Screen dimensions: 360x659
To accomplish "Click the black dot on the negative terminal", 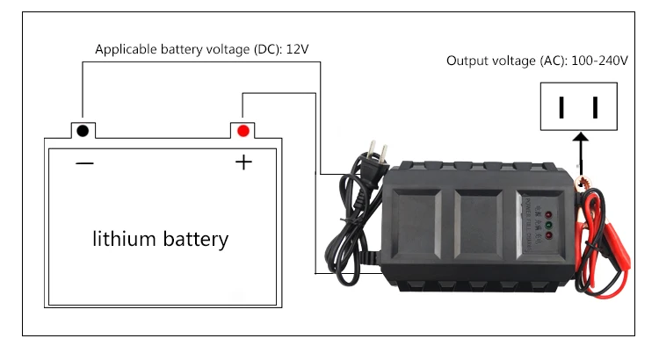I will tap(83, 131).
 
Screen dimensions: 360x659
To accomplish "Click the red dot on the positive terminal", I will tap(243, 131).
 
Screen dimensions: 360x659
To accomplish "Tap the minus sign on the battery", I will tap(84, 163).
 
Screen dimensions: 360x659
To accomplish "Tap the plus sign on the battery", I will tap(243, 162).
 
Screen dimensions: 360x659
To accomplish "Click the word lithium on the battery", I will tap(123, 238).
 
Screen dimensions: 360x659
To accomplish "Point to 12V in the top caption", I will tap(297, 49).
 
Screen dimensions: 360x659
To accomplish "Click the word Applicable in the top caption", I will tap(122, 49).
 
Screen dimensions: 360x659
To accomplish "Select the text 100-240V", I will tap(599, 61).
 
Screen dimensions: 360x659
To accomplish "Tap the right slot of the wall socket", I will tap(596, 107).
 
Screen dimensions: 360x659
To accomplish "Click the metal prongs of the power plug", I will tap(380, 152).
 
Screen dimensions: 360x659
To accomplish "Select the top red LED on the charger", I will tap(547, 214).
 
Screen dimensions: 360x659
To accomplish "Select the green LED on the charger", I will tap(547, 224).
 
